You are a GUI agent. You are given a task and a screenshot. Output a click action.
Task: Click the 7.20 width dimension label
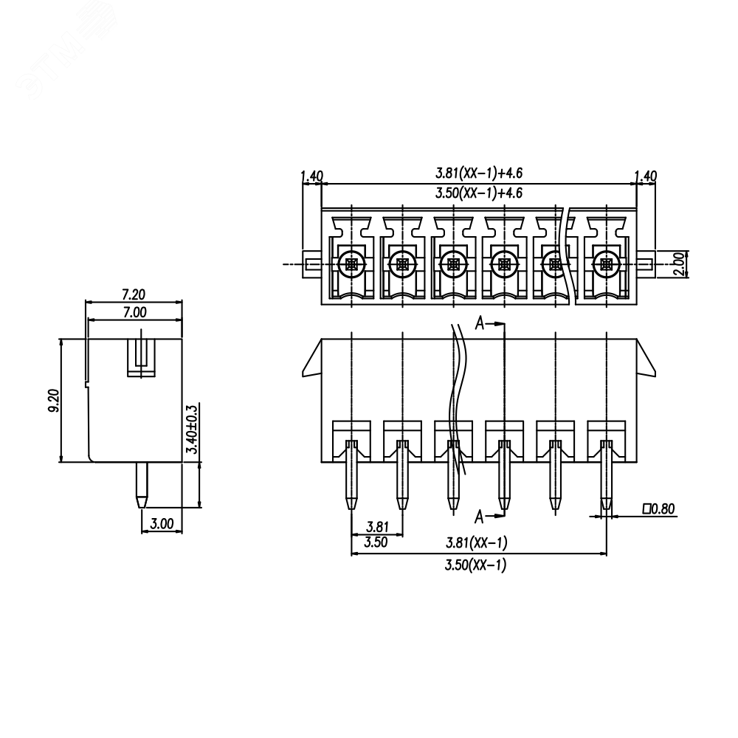click(134, 294)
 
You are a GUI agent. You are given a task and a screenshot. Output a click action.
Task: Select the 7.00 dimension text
click(135, 312)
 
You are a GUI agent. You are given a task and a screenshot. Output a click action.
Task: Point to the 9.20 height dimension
click(53, 401)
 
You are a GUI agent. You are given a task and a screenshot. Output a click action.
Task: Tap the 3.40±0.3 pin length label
click(192, 429)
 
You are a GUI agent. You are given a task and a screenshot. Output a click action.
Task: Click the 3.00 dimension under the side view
click(162, 523)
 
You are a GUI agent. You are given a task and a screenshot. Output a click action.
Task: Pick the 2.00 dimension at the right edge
click(680, 264)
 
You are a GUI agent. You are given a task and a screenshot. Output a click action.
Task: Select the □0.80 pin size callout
click(659, 508)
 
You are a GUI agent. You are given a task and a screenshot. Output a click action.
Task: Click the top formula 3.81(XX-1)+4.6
click(479, 173)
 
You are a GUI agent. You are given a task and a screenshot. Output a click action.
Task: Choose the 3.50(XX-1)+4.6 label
click(479, 193)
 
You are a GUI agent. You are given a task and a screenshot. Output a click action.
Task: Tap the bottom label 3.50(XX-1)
click(475, 565)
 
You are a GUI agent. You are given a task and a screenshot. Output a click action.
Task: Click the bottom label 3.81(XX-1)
click(476, 543)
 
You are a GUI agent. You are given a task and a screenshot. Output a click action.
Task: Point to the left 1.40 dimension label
click(312, 176)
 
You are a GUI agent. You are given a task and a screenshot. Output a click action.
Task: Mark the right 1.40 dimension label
click(646, 176)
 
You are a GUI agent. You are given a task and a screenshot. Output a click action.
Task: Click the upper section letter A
click(479, 323)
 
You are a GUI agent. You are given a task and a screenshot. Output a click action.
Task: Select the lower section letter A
click(479, 517)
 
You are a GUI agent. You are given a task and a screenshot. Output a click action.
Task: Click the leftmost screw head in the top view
click(351, 264)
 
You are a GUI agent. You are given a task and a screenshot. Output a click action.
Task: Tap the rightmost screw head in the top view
click(606, 264)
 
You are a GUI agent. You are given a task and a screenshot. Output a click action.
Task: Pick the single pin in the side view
click(142, 486)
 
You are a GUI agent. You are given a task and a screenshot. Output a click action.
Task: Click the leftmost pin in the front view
click(351, 475)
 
